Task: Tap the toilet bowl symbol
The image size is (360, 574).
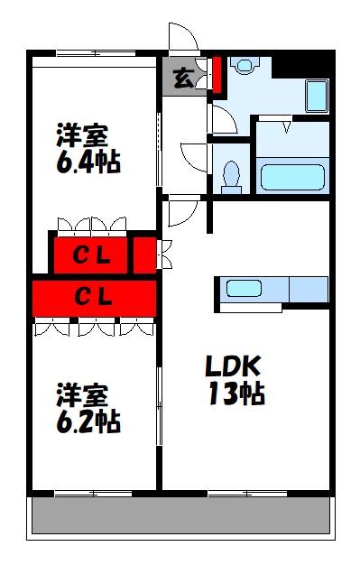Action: point(232,174)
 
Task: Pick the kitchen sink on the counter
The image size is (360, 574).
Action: point(244,289)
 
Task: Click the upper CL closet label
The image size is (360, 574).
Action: point(91,255)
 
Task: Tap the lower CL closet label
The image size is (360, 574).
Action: point(93,296)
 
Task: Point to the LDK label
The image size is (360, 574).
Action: point(232,366)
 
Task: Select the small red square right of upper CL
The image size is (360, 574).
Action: point(144,254)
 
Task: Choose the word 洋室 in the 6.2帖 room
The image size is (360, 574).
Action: point(83,394)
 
